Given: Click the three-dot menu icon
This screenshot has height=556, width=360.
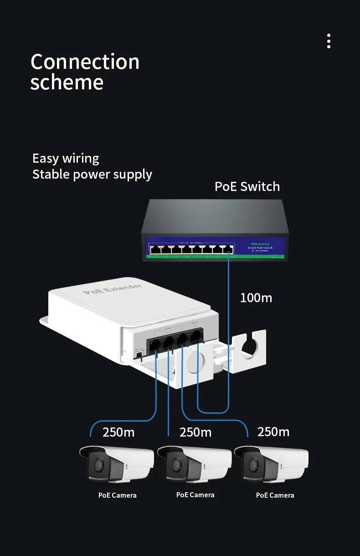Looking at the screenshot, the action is point(329,41).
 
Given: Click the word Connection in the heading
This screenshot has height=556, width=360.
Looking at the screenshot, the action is point(85,62).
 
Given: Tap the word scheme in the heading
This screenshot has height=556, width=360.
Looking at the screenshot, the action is point(67,82).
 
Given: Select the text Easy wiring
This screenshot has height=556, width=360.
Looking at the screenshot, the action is point(66,159).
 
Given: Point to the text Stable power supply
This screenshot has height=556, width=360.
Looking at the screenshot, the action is point(92,174).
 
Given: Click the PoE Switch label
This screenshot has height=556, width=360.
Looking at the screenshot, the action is point(247,186).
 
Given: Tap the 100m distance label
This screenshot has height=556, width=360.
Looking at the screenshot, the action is point(256,298).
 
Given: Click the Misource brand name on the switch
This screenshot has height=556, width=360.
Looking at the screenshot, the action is point(260,244).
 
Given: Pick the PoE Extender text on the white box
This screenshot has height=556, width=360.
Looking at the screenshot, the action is point(113,289).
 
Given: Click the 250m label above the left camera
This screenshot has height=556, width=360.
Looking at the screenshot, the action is point(118,432).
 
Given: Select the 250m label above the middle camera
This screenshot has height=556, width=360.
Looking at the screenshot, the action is point(195,432).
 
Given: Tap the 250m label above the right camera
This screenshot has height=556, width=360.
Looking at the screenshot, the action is point(273,432).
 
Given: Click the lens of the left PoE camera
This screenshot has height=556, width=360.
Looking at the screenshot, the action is point(98,465).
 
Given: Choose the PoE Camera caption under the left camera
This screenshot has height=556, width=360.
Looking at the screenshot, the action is point(118,495).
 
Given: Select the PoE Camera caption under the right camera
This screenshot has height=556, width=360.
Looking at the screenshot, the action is point(275,495).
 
